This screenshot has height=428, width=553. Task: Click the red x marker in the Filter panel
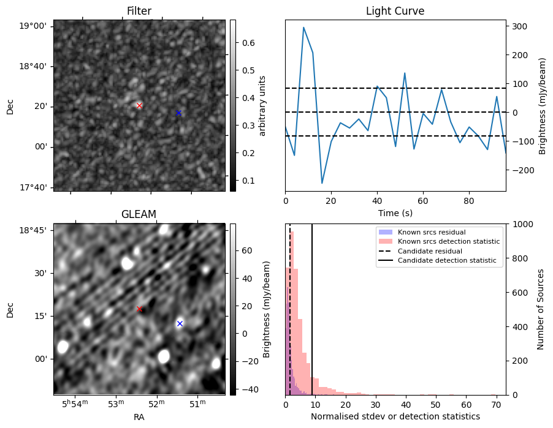point(139,105)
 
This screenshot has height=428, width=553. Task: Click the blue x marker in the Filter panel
point(178,113)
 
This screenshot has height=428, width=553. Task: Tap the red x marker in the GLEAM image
point(139,309)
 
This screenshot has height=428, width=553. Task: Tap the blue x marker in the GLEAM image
point(180,323)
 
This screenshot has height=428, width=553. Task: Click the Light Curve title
point(395,11)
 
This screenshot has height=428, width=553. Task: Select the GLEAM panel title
point(139,214)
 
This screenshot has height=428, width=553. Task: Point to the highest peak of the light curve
point(303,28)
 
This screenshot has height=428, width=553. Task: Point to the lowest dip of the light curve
point(322,183)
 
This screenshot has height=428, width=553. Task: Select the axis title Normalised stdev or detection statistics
point(395,416)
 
